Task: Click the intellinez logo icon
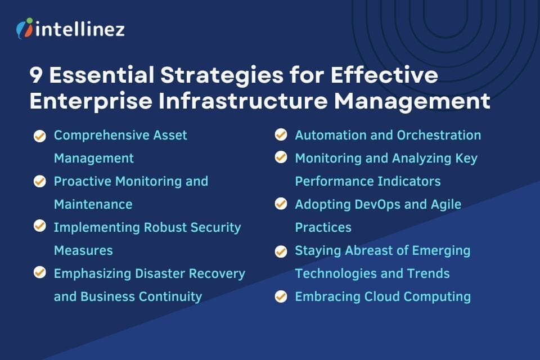coord(24,28)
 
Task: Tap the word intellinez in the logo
coord(79,29)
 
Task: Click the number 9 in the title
coord(38,75)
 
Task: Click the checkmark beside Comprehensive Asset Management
coord(40,136)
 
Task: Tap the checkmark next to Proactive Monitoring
coord(40,181)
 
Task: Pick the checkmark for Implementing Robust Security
coord(40,227)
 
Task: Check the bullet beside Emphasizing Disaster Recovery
coord(40,273)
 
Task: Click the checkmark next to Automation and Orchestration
coord(281,135)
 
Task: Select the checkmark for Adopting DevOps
coord(281,204)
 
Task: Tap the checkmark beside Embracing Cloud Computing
coord(281,296)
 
